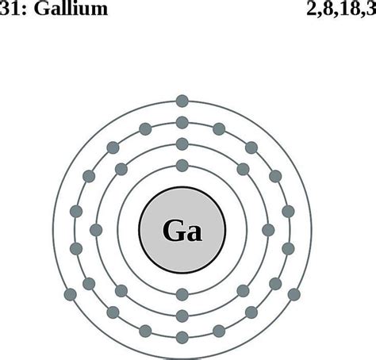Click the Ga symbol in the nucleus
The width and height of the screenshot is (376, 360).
tap(182, 230)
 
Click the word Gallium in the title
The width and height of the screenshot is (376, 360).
tap(71, 9)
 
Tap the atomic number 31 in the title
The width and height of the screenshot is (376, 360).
tap(10, 9)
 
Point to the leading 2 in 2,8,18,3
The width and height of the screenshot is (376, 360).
tap(312, 9)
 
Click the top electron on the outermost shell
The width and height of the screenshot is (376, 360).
tap(182, 101)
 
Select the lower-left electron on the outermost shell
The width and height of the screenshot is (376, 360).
tap(71, 295)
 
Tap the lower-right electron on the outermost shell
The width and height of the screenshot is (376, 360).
tap(294, 295)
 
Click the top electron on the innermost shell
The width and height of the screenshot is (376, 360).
tap(182, 166)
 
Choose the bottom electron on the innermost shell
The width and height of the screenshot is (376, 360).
tap(182, 295)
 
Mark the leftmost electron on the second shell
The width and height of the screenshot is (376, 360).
tap(96, 230)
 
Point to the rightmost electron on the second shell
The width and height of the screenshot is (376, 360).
tap(268, 230)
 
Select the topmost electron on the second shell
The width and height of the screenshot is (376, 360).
tap(182, 144)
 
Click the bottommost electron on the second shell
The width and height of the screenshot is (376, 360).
tap(182, 316)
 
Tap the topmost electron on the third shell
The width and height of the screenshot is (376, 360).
tap(182, 123)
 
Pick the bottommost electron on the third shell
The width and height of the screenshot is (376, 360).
tap(182, 338)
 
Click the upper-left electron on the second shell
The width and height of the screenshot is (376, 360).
tap(121, 170)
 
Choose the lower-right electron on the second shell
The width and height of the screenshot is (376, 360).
tap(243, 291)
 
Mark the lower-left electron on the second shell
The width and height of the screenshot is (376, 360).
tap(121, 291)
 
